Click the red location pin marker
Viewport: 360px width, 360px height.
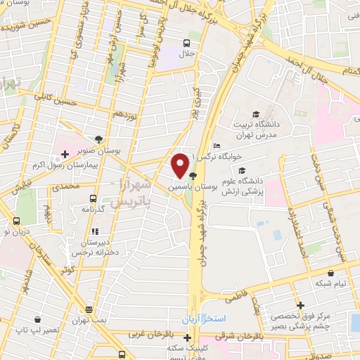(x=179, y=166)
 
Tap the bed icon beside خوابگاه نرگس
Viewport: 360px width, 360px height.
(x=216, y=146)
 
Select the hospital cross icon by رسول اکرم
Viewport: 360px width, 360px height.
(x=65, y=153)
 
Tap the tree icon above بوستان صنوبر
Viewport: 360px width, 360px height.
(x=98, y=139)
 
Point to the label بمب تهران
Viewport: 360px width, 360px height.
(x=89, y=321)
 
